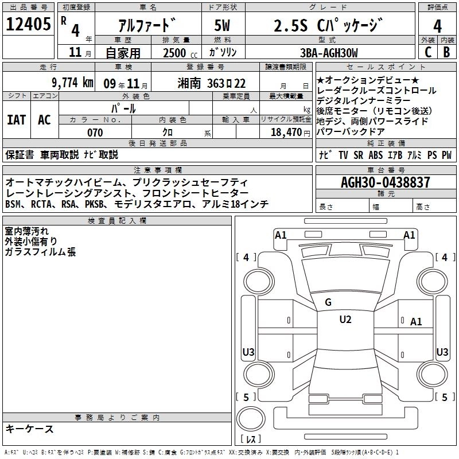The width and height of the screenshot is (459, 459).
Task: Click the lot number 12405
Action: [28, 24]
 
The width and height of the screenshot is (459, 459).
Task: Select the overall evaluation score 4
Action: [437, 26]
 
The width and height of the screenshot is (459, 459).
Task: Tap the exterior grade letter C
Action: [428, 52]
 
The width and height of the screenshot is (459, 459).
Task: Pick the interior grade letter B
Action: [446, 52]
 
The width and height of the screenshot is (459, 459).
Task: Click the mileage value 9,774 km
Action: [73, 83]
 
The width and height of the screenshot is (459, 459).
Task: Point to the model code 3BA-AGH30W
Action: [329, 53]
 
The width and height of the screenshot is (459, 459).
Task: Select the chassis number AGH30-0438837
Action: [386, 182]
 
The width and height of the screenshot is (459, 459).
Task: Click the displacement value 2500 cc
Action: [180, 53]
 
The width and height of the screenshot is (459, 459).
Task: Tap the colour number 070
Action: [95, 133]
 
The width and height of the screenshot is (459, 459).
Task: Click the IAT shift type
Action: [17, 120]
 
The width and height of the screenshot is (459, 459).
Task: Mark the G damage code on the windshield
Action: [328, 302]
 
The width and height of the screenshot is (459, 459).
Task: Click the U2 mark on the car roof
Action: [345, 320]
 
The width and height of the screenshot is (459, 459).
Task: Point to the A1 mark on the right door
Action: [416, 322]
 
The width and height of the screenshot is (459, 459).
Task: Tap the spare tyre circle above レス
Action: [251, 419]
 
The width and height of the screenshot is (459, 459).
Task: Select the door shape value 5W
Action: [222, 25]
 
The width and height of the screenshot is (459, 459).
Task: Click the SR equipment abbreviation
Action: [358, 155]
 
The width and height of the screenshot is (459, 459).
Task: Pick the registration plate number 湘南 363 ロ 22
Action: [211, 83]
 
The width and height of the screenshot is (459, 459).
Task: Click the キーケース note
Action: [30, 429]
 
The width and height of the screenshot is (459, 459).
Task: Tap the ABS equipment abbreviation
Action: [376, 155]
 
